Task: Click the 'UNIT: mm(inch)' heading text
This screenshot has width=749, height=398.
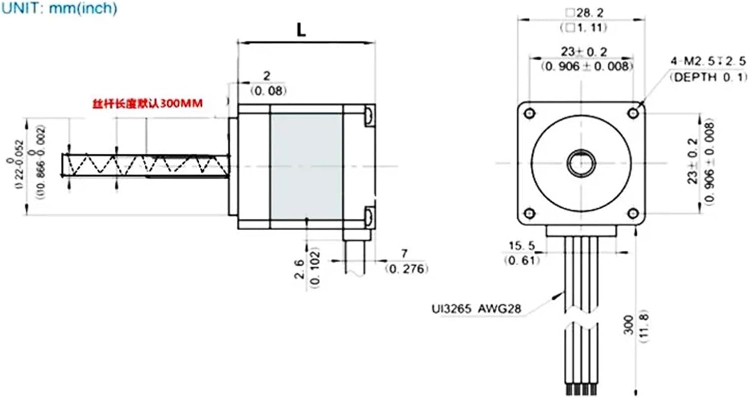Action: click(x=58, y=8)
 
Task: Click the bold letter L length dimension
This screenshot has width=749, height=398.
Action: click(x=301, y=30)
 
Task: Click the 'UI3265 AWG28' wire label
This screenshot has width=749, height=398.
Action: click(x=476, y=309)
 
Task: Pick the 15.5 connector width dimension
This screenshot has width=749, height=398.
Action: click(x=521, y=246)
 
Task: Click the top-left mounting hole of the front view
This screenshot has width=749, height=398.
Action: click(x=530, y=113)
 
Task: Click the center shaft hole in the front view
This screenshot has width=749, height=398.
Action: click(x=581, y=163)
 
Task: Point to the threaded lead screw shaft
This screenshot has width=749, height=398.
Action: click(x=145, y=164)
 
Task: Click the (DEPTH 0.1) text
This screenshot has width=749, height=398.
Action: click(x=708, y=77)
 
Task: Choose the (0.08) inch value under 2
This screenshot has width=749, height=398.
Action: click(x=269, y=90)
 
